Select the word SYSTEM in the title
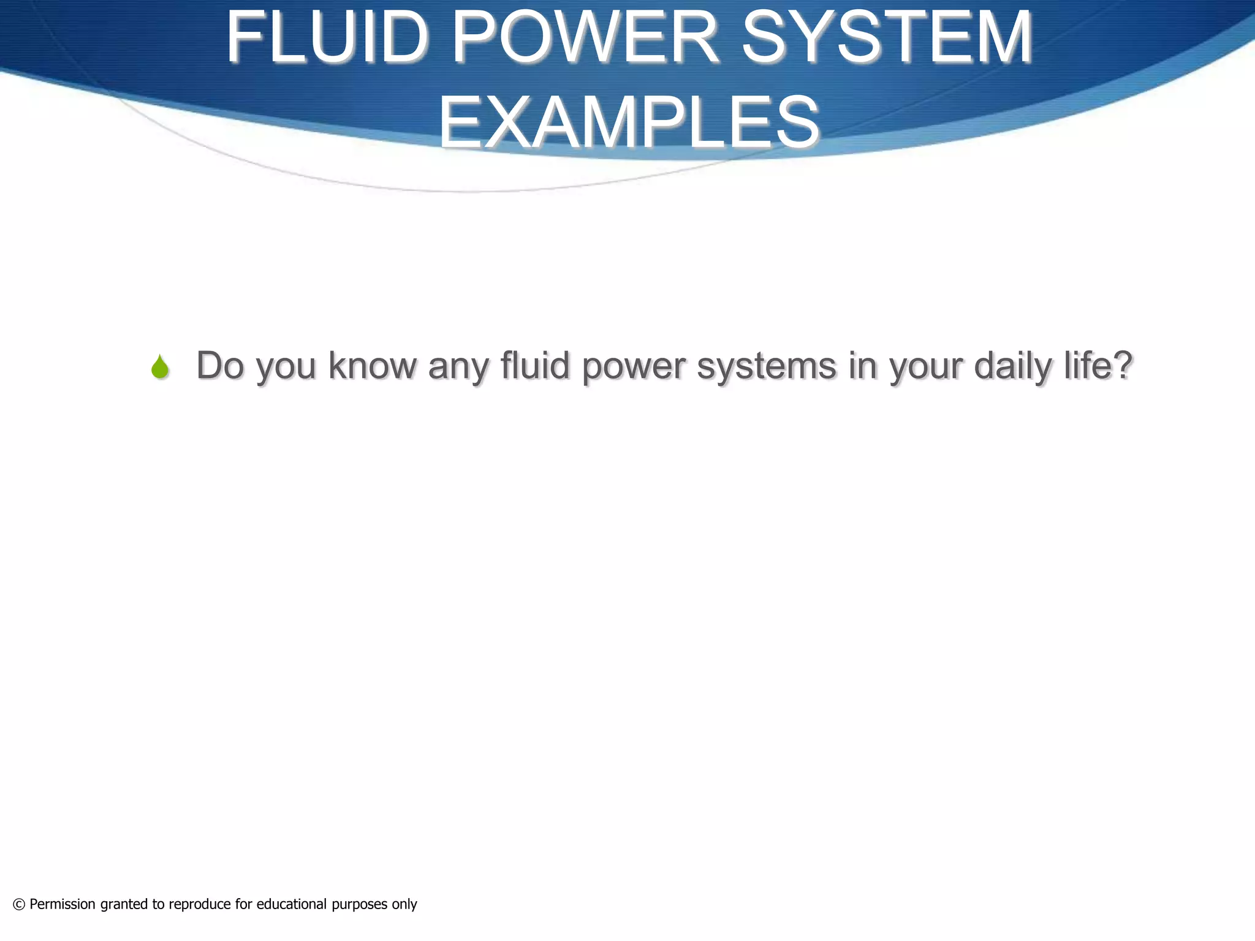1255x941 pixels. point(887,38)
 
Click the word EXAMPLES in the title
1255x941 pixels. point(629,123)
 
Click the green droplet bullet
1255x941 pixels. point(160,367)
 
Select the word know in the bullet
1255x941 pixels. point(372,366)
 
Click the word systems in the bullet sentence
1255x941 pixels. point(767,366)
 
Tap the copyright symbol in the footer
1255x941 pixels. point(19,904)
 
